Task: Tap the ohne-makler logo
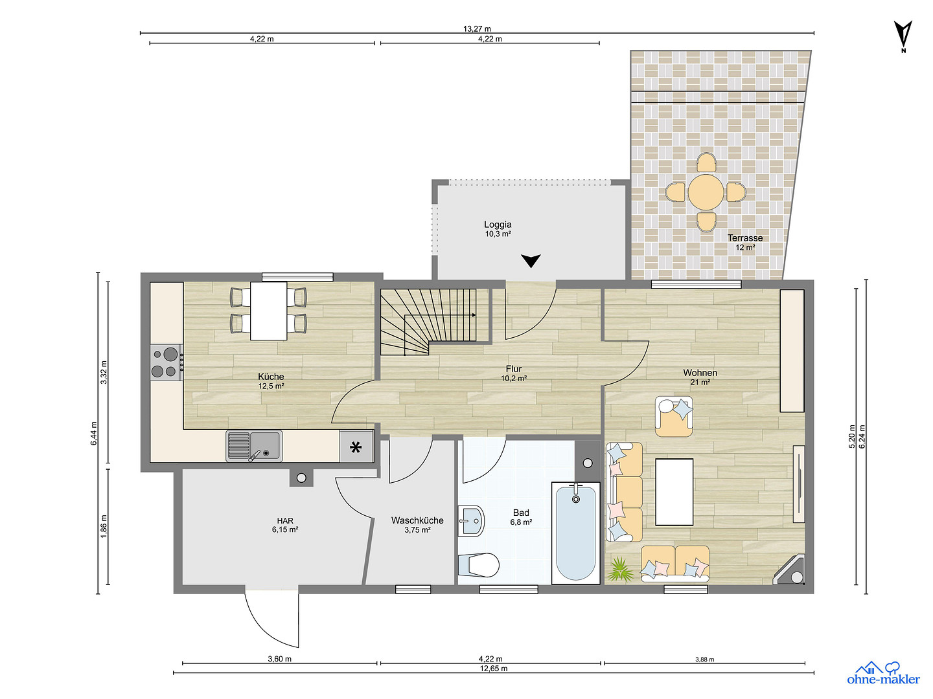[x=883, y=673]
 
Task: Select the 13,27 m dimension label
[x=477, y=29]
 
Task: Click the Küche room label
[x=271, y=377]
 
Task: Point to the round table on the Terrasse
[x=706, y=192]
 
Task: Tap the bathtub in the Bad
[x=575, y=533]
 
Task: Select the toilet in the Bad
[x=479, y=565]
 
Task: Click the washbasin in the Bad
[x=471, y=521]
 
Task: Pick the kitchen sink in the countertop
[x=254, y=446]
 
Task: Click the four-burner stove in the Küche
[x=167, y=362]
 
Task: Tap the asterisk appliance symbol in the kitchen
[x=356, y=447]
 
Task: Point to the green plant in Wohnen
[x=620, y=570]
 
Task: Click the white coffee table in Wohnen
[x=674, y=492]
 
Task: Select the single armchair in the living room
[x=674, y=416]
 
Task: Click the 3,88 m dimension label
[x=704, y=659]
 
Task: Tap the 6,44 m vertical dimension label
[x=94, y=433]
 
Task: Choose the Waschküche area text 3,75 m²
[x=417, y=529]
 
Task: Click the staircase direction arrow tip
[x=475, y=315]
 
